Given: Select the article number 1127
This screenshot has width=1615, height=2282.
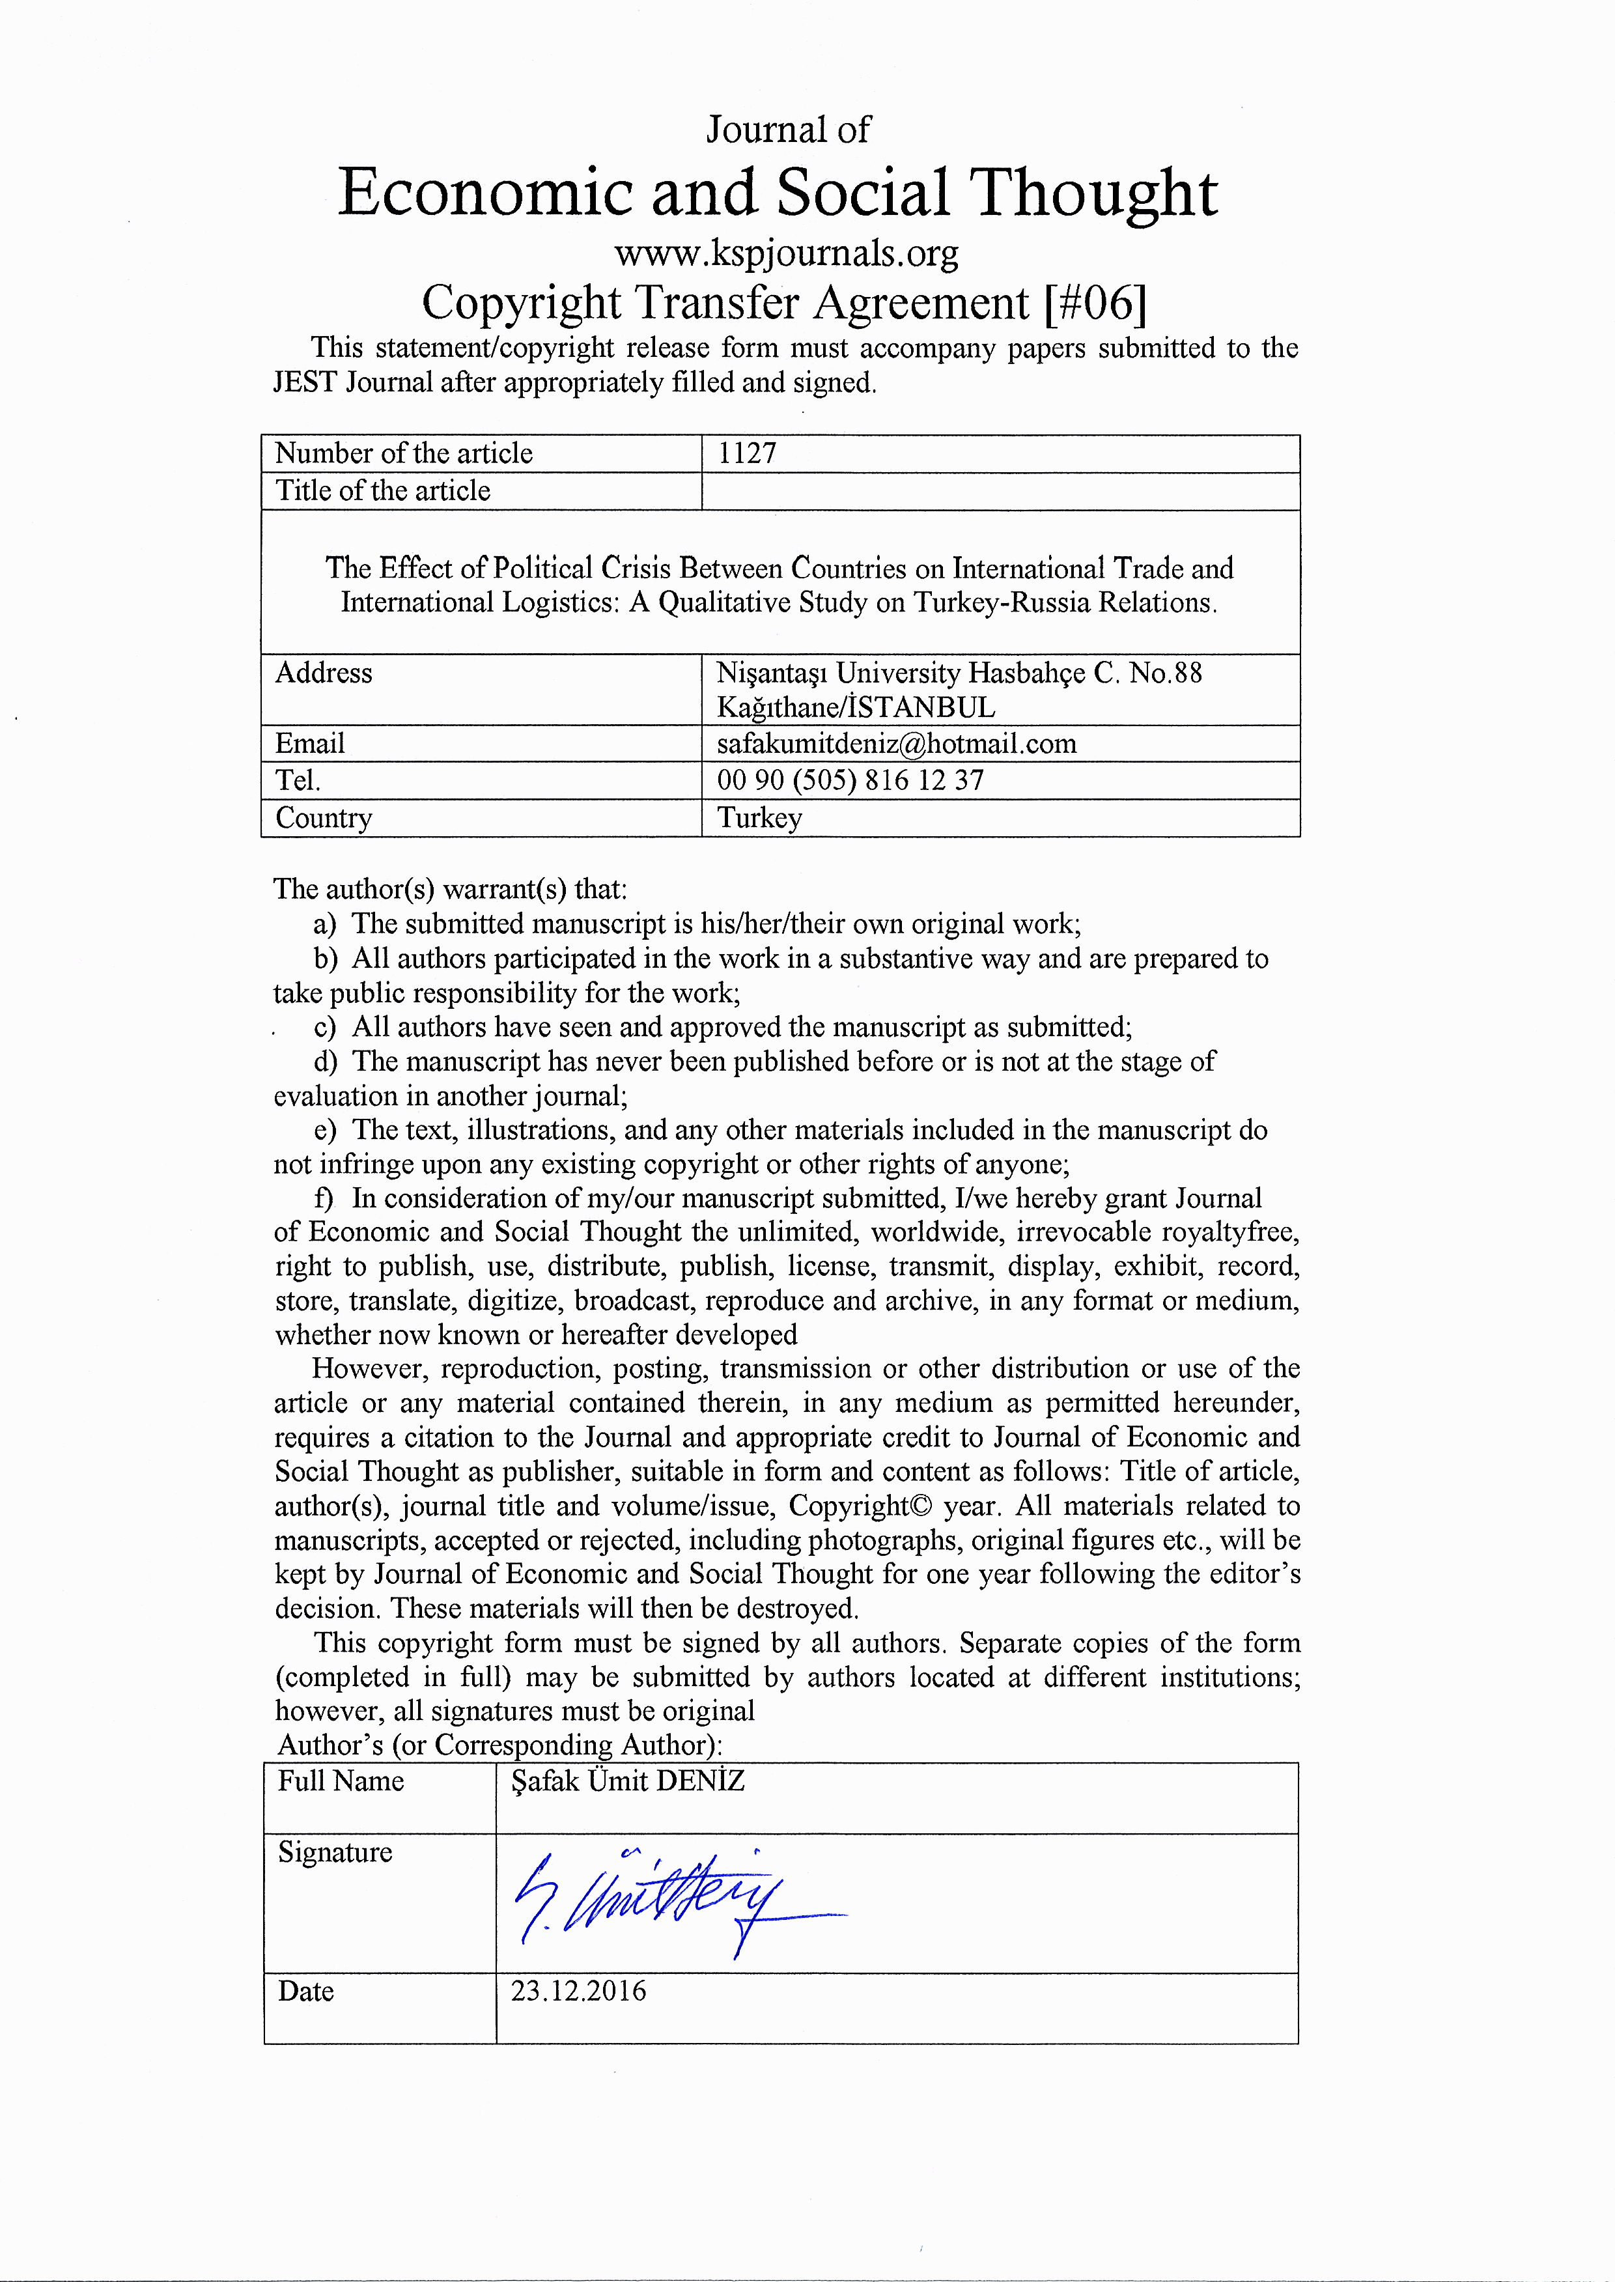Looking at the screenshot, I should (747, 453).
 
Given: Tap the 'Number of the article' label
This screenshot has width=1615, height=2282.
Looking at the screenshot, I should (404, 453).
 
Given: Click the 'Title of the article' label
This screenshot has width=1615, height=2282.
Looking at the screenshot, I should (383, 490).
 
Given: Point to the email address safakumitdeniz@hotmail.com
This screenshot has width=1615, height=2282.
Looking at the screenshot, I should (896, 743).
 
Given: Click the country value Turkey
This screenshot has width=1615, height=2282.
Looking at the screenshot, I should (760, 817).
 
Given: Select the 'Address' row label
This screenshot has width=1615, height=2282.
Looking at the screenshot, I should (323, 673).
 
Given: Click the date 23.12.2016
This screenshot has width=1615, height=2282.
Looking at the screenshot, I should (578, 1991).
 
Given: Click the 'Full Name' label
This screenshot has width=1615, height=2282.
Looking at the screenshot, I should (340, 1781).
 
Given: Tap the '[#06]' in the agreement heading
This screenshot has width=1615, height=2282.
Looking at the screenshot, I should (1095, 302).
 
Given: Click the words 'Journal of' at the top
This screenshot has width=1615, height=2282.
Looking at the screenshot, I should (787, 129).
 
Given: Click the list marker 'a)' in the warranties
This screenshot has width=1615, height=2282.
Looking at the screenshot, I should (324, 925).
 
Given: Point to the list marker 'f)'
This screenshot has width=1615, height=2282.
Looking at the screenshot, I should (324, 1198).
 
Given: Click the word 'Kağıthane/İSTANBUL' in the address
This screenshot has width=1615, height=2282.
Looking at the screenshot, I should (855, 707).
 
